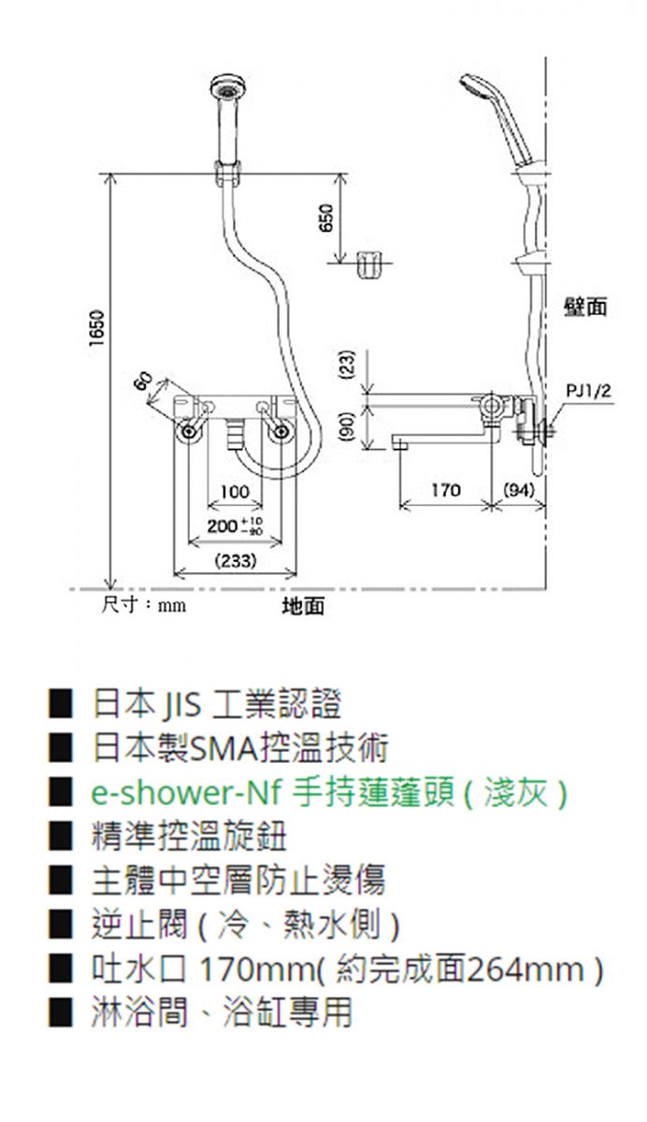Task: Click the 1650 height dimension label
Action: pyautogui.click(x=96, y=328)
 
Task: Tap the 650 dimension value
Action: pyautogui.click(x=326, y=217)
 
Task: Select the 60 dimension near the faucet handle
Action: pyautogui.click(x=143, y=381)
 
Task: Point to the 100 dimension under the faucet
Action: pyautogui.click(x=235, y=492)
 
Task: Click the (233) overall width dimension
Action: pyautogui.click(x=236, y=560)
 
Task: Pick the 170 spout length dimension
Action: pyautogui.click(x=446, y=489)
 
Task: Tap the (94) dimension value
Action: pyautogui.click(x=519, y=489)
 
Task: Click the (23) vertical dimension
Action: pyautogui.click(x=349, y=364)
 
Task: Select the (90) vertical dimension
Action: pyautogui.click(x=349, y=426)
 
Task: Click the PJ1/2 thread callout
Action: pyautogui.click(x=589, y=390)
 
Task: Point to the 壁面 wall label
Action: pyautogui.click(x=585, y=307)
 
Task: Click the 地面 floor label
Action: pyautogui.click(x=304, y=606)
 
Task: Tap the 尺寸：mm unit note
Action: pyautogui.click(x=144, y=605)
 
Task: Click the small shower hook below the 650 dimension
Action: pyautogui.click(x=369, y=265)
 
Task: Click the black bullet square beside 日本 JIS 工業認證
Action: pyautogui.click(x=61, y=704)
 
